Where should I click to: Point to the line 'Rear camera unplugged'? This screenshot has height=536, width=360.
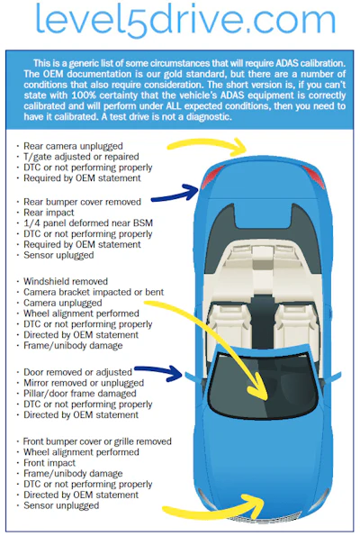(x=73, y=146)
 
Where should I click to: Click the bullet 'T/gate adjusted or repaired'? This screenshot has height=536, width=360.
(x=81, y=157)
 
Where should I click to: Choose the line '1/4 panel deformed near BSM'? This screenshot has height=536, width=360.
(x=88, y=223)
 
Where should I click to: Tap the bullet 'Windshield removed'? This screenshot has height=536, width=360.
(x=66, y=281)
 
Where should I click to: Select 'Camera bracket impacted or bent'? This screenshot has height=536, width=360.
(x=94, y=292)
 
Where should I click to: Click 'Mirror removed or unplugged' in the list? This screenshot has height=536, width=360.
(x=84, y=383)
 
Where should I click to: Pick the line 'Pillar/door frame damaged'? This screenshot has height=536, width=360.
(x=80, y=394)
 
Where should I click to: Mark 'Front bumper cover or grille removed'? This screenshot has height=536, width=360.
(x=97, y=441)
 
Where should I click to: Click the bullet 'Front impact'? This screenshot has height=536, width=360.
(x=49, y=463)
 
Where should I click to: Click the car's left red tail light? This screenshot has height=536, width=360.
(x=211, y=177)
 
